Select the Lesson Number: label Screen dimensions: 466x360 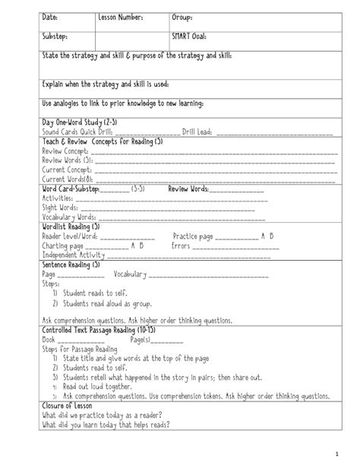(x=121, y=17)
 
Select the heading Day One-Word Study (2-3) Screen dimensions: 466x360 (x=79, y=122)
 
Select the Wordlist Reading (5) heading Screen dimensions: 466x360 (x=71, y=227)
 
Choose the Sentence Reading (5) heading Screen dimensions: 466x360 (x=71, y=265)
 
